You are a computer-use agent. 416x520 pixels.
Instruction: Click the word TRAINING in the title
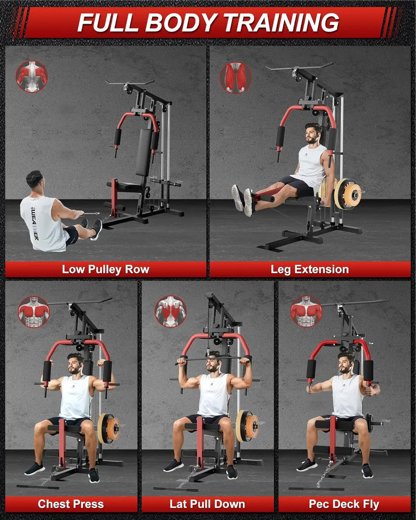[281, 23]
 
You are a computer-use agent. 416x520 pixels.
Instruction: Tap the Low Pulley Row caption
[105, 269]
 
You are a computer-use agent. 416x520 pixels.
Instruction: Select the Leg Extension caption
[310, 269]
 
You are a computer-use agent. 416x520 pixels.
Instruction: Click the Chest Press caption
[71, 504]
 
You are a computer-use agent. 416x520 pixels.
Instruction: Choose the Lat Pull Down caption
[207, 504]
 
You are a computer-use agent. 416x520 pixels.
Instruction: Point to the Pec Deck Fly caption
[344, 504]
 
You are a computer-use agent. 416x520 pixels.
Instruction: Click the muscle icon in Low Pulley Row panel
[32, 77]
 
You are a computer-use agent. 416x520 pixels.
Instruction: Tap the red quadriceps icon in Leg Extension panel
[236, 78]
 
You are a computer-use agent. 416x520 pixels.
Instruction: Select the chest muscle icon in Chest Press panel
[34, 312]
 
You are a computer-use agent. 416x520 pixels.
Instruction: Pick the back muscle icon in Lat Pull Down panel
[171, 311]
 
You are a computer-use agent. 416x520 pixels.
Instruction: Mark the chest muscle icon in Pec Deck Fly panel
[306, 311]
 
